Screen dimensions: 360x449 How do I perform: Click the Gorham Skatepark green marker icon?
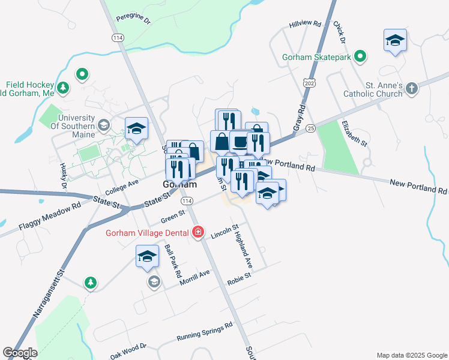click(360, 57)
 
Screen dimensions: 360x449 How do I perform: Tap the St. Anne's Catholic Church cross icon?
click(411, 89)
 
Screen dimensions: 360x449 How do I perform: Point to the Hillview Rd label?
click(306, 25)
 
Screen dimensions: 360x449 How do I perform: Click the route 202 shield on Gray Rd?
click(309, 81)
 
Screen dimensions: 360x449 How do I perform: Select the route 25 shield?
click(310, 128)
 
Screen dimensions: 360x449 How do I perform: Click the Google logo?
click(20, 353)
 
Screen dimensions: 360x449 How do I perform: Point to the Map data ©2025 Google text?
click(411, 355)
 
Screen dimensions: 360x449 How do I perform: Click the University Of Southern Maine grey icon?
click(104, 125)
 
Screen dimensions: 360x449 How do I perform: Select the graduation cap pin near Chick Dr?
click(395, 41)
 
